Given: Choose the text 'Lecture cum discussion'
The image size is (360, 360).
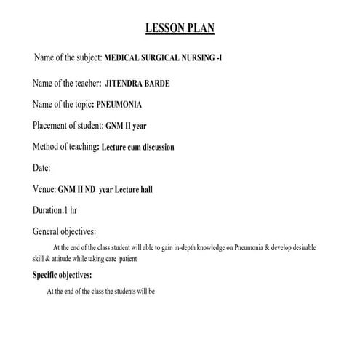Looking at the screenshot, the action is tap(137, 147).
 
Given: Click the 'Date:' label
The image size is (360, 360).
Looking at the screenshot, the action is tap(41, 168).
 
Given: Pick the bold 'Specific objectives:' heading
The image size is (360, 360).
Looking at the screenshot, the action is tap(63, 276).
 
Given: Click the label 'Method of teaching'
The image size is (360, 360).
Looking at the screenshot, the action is tap(65, 146).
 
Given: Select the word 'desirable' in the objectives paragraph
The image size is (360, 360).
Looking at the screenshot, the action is tap(320, 248).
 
